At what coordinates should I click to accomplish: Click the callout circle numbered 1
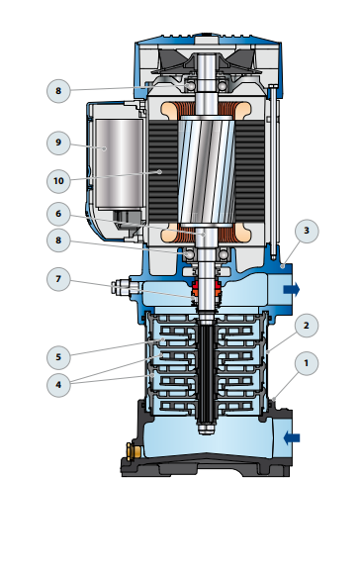pos(307,363)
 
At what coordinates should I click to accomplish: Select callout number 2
pos(307,326)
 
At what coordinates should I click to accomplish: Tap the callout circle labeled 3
pos(307,231)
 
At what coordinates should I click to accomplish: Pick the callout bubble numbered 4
pos(58,385)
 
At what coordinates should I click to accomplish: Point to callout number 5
pos(58,357)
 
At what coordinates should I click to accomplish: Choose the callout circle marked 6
pos(58,214)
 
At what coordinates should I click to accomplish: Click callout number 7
pos(58,279)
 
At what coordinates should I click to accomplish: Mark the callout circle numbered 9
pos(58,143)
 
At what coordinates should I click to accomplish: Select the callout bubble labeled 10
pos(58,181)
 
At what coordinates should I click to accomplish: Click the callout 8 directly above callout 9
pos(58,91)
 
